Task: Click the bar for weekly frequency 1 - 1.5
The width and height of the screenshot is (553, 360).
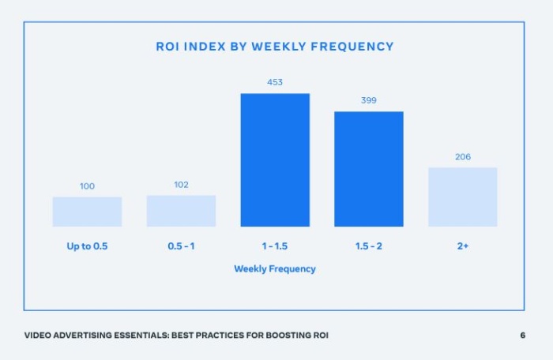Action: tap(275, 160)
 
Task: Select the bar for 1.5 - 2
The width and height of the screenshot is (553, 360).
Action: tap(368, 169)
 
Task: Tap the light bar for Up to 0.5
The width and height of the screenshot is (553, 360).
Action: tap(87, 212)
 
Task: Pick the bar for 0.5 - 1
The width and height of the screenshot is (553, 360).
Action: tap(181, 211)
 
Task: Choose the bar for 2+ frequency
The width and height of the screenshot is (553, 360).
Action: tap(462, 197)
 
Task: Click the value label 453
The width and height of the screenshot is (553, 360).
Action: tap(275, 82)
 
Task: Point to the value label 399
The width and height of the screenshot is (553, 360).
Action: tap(368, 100)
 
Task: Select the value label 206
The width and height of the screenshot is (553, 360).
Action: tap(462, 156)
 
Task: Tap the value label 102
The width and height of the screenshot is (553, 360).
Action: tap(181, 185)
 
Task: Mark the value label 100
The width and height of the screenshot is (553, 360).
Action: tap(87, 186)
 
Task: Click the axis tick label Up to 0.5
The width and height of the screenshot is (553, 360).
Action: tap(87, 246)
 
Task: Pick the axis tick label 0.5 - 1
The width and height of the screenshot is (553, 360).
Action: tap(181, 246)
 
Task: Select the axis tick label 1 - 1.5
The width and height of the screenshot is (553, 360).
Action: tap(275, 246)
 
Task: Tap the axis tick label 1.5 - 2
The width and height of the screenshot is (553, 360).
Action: tap(368, 246)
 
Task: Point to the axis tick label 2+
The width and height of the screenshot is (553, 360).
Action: tap(462, 246)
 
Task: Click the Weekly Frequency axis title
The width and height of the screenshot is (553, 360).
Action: tap(275, 269)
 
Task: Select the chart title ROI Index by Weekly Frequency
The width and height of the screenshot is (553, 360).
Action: tap(275, 47)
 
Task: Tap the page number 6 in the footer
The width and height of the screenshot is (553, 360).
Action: tap(522, 336)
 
